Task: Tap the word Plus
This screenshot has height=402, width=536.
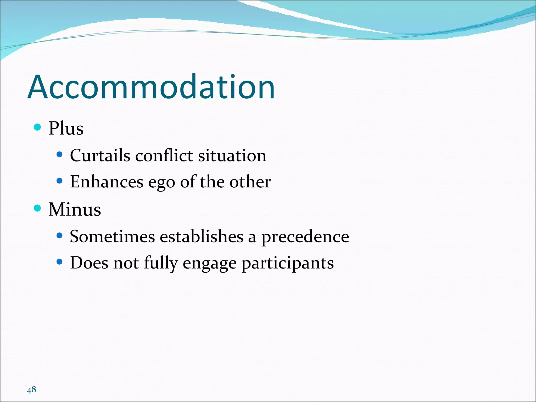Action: pos(66,129)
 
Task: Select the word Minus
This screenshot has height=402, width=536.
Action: pos(75,210)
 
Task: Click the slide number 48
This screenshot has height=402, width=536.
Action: pos(31,390)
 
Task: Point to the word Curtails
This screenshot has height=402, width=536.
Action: pos(100,155)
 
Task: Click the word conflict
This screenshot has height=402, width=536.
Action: pos(164,155)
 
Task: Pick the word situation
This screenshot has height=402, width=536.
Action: pos(232,155)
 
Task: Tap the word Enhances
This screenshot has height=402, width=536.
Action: pos(107,182)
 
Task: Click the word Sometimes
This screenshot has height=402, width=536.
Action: pos(112,237)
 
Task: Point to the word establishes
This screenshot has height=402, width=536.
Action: pos(202,237)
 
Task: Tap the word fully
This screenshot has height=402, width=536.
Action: pos(161,263)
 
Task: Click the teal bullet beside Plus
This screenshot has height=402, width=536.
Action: pos(38,127)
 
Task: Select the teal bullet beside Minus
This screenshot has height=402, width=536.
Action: pos(38,208)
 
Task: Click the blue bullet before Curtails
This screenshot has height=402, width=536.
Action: pos(60,155)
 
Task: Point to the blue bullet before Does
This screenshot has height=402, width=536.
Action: pos(60,262)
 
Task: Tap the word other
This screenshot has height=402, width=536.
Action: pos(250,182)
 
